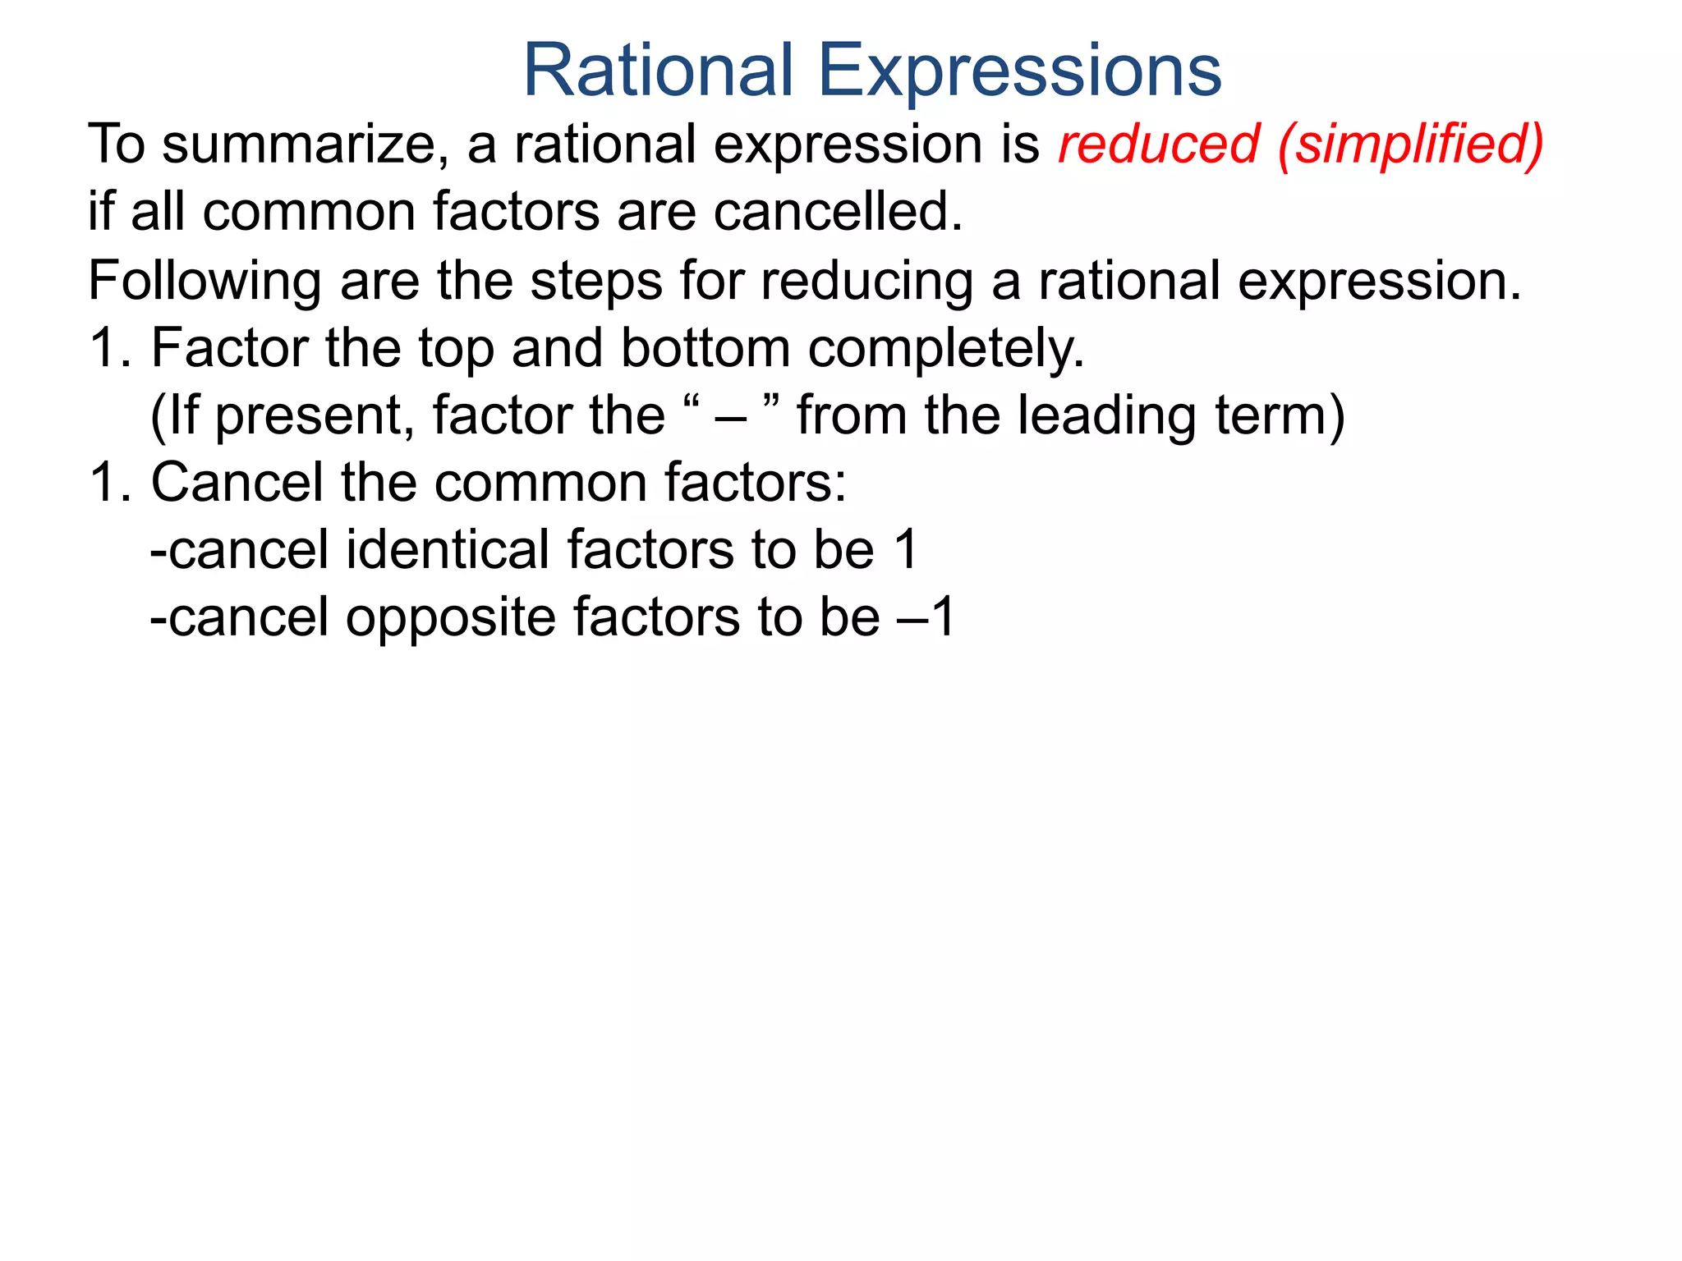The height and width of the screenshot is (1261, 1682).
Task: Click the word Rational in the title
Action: (658, 71)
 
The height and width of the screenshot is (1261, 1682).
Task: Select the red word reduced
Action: (1158, 144)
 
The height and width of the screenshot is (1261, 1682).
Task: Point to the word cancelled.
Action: (837, 212)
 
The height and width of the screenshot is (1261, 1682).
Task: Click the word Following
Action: (204, 282)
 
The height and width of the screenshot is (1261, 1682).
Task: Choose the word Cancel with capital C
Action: (237, 482)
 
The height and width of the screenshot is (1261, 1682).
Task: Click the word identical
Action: (447, 549)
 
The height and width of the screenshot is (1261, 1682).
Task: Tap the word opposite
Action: (450, 618)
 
